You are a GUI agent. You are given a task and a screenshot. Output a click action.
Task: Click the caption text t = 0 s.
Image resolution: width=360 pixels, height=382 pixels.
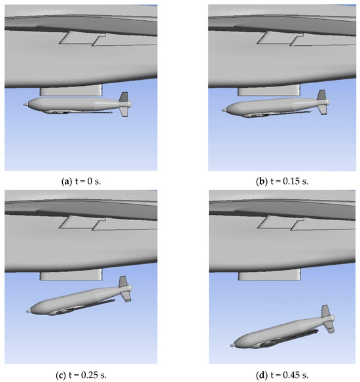tap(88, 181)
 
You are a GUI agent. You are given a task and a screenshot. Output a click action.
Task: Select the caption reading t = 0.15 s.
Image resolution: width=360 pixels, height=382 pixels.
tap(289, 181)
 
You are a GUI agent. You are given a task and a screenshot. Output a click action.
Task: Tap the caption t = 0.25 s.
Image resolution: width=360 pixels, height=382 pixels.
tap(88, 375)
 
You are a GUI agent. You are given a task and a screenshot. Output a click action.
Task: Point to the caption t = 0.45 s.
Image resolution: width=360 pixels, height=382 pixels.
tap(289, 375)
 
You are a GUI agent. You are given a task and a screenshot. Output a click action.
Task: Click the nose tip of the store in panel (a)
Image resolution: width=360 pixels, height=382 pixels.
tap(24, 105)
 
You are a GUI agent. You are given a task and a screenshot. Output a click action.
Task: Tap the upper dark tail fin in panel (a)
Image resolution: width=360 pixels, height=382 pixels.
tap(124, 97)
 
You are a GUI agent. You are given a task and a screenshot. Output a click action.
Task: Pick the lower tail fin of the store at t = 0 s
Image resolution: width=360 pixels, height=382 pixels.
tap(124, 111)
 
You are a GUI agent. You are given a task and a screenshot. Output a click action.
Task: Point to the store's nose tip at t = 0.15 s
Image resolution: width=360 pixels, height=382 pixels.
tap(223, 110)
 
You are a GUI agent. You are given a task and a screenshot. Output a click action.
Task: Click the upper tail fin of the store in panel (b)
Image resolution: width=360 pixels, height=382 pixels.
tap(321, 94)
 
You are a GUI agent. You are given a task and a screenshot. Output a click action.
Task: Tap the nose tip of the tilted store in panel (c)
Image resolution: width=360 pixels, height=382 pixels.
tap(27, 311)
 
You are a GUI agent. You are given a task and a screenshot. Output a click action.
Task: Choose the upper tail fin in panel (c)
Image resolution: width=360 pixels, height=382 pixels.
tap(123, 281)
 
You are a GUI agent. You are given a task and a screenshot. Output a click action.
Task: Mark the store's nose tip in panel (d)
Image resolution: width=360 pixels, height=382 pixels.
tap(231, 345)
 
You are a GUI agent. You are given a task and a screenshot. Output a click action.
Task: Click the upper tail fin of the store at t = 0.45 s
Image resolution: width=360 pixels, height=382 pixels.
tap(325, 311)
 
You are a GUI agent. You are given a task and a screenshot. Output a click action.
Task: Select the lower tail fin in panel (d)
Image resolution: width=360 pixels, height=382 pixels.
tap(329, 327)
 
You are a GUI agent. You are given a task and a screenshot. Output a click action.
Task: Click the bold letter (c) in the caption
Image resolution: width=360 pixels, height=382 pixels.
tap(61, 375)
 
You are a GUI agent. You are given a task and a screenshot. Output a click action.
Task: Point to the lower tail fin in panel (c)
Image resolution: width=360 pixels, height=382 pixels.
tap(126, 297)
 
